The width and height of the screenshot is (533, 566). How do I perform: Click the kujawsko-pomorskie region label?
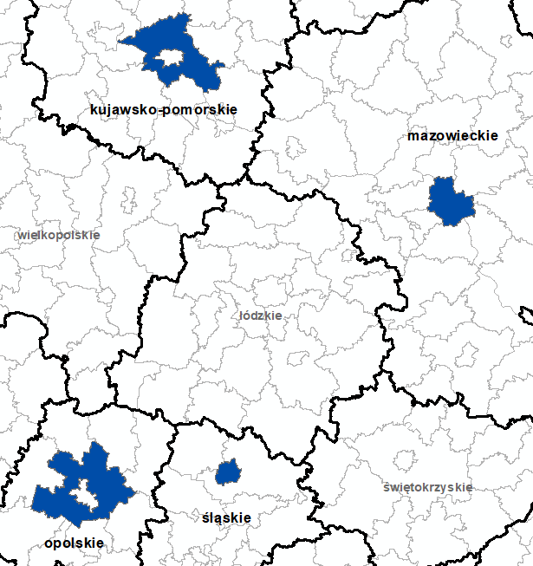click(x=163, y=109)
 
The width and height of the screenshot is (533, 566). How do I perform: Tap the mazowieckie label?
click(x=452, y=136)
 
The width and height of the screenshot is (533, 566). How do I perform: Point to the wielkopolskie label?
click(x=59, y=235)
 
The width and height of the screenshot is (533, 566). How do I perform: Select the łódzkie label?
click(x=261, y=316)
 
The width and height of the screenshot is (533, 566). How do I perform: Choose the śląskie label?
click(x=226, y=518)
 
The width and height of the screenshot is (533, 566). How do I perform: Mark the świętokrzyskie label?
click(x=428, y=487)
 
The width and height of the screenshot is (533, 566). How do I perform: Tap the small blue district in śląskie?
click(x=228, y=472)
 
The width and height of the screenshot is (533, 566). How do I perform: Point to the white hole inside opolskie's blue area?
click(x=84, y=493)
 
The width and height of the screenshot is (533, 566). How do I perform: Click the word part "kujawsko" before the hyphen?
click(x=119, y=109)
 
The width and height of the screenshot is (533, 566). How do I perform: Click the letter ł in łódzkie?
click(x=242, y=316)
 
